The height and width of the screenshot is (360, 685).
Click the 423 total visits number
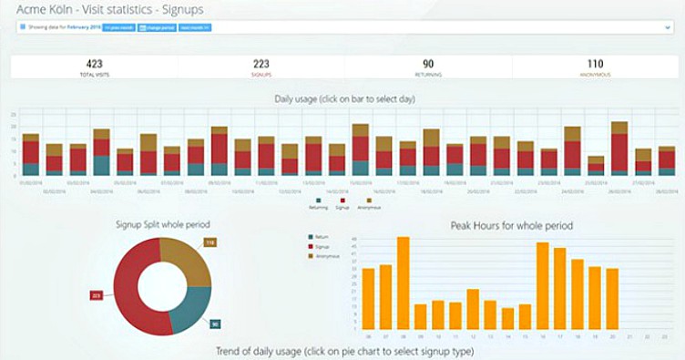click(94, 63)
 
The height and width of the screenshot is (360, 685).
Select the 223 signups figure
click(261, 63)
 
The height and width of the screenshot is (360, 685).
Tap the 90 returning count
click(428, 63)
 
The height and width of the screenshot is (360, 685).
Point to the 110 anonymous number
click(596, 63)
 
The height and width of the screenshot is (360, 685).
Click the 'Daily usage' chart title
click(342, 98)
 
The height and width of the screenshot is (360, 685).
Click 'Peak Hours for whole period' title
click(511, 225)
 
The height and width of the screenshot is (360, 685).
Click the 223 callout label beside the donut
click(97, 295)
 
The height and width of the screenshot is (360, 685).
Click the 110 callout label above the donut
click(209, 242)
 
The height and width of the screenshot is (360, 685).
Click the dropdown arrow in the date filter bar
click(667, 27)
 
